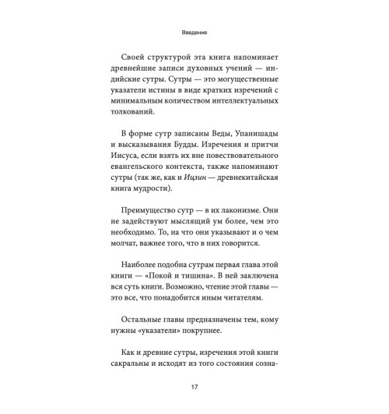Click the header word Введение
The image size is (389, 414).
(x=194, y=33)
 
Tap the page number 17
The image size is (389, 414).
(x=194, y=386)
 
